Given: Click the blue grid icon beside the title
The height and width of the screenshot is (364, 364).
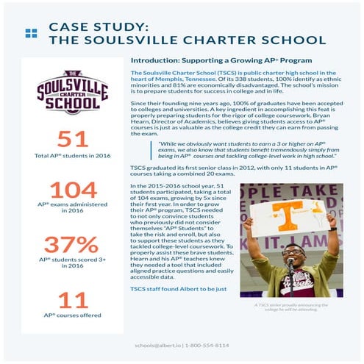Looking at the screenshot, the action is pos(30,32).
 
